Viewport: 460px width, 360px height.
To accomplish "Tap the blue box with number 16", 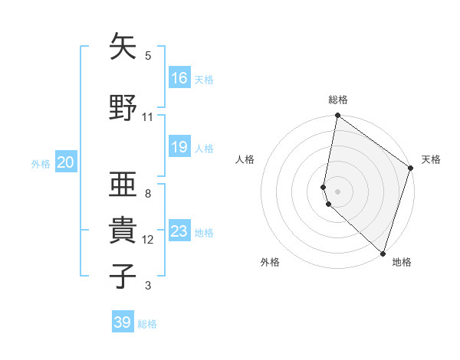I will (179, 77).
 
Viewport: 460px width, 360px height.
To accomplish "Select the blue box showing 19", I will (179, 147).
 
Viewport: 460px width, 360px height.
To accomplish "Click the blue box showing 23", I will (179, 231).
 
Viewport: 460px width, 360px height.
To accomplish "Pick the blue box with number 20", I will (66, 162).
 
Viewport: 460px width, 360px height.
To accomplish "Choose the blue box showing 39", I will (123, 322).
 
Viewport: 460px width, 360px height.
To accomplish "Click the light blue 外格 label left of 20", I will (41, 163).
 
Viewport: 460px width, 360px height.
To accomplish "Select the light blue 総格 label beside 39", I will (148, 324).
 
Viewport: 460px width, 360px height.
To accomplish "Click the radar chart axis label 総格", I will (338, 100).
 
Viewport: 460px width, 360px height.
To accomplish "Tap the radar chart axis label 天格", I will (431, 159).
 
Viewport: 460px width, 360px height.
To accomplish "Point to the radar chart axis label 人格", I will (245, 159).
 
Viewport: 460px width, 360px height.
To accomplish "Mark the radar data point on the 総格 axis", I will (337, 116).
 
